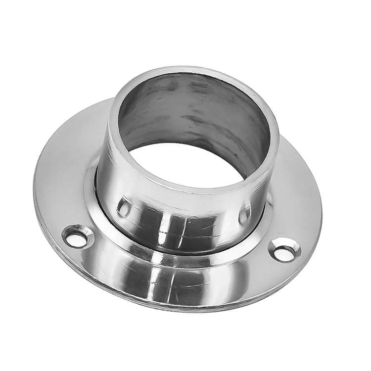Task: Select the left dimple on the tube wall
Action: click(x=124, y=207)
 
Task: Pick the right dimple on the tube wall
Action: click(x=244, y=215)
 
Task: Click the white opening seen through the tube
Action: click(x=190, y=161)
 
